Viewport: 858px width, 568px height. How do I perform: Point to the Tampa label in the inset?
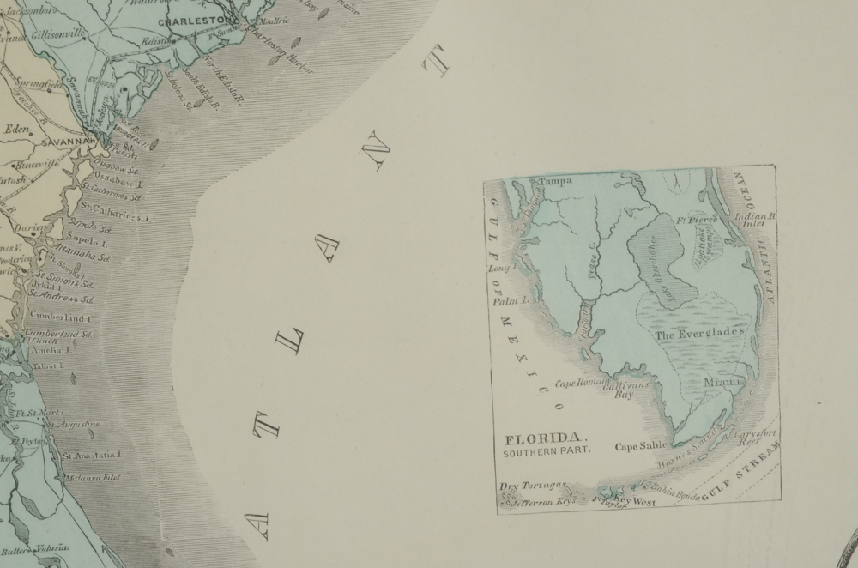click(555, 181)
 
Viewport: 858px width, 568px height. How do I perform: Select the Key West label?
click(635, 500)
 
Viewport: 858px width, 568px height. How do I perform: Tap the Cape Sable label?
click(641, 446)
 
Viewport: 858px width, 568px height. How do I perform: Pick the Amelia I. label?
click(51, 350)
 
